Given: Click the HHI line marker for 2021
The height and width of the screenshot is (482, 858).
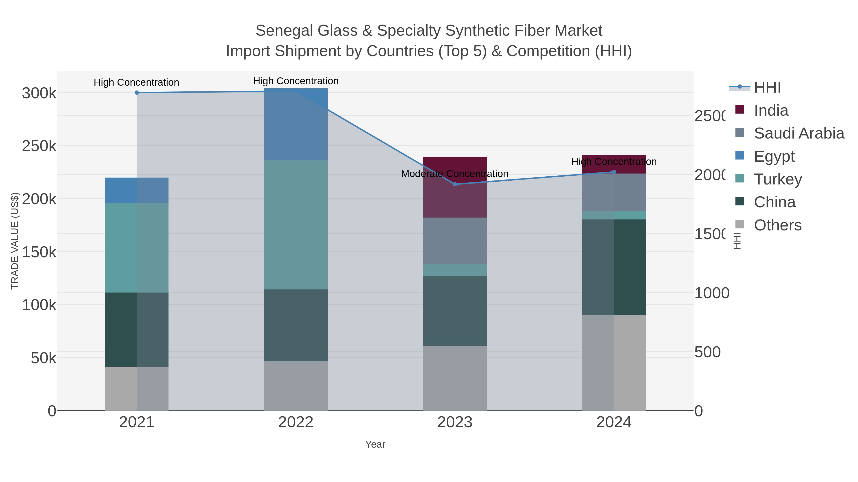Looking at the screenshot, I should click(x=137, y=93).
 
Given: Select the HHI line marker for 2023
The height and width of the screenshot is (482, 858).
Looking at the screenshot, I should click(x=455, y=184).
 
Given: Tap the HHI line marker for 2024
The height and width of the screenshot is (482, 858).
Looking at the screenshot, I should click(x=614, y=172).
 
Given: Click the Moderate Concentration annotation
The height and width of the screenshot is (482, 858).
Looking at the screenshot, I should click(x=455, y=174).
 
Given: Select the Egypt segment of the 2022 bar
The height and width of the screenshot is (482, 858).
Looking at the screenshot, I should click(x=296, y=124).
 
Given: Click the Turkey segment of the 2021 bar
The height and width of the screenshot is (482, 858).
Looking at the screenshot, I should click(x=137, y=248).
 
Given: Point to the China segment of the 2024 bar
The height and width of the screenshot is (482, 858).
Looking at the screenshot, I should click(x=614, y=268).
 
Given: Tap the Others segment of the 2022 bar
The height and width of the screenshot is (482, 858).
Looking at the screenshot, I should click(x=296, y=386).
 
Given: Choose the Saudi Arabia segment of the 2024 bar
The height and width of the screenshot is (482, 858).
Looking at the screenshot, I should click(x=614, y=192).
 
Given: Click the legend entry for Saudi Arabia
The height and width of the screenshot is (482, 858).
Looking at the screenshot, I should click(x=799, y=133).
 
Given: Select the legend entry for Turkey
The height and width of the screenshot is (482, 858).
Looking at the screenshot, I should click(x=778, y=179).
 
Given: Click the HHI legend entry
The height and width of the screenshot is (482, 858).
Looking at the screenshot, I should click(x=767, y=88).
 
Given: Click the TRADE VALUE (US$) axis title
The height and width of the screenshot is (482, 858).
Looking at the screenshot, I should click(x=15, y=241).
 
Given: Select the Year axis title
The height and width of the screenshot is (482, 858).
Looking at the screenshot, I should click(x=375, y=444).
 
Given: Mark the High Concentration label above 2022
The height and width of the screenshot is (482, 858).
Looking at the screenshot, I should click(x=296, y=81).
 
